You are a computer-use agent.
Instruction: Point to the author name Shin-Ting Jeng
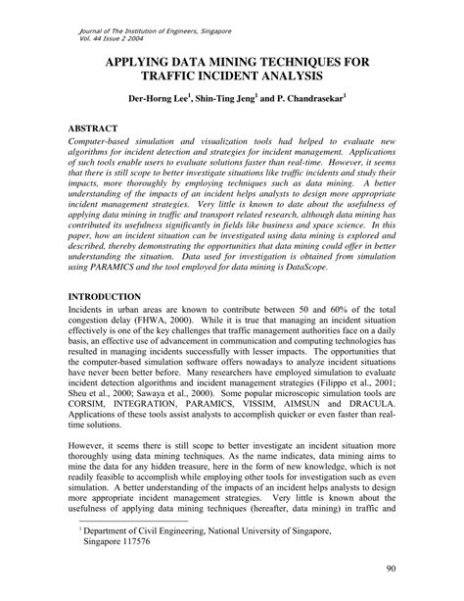coord(225,99)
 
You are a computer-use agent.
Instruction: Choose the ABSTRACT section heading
coord(95,128)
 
